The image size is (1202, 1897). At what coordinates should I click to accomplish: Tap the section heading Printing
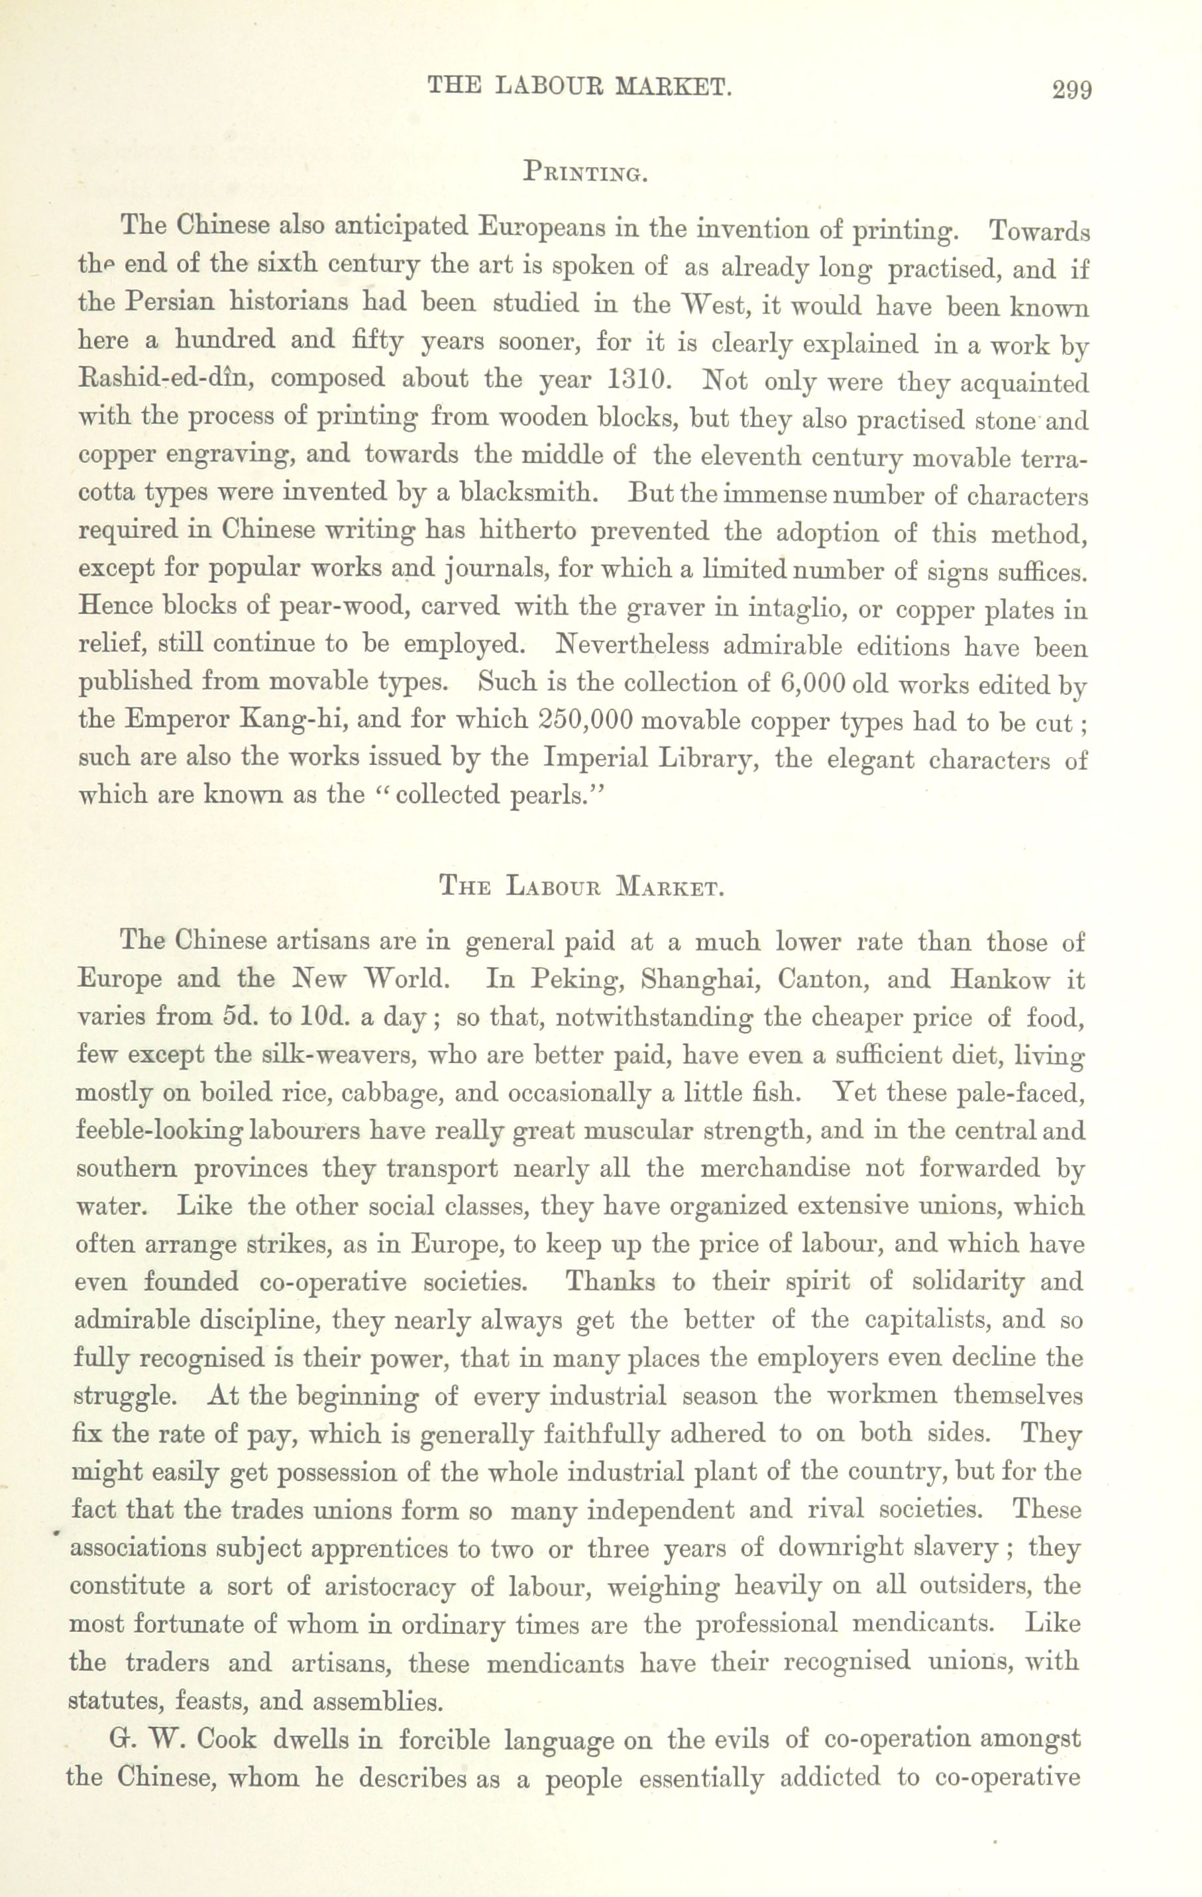[586, 172]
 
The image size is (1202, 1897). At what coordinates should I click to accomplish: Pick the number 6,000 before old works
[812, 682]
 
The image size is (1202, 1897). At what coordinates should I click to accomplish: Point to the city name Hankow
[999, 979]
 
